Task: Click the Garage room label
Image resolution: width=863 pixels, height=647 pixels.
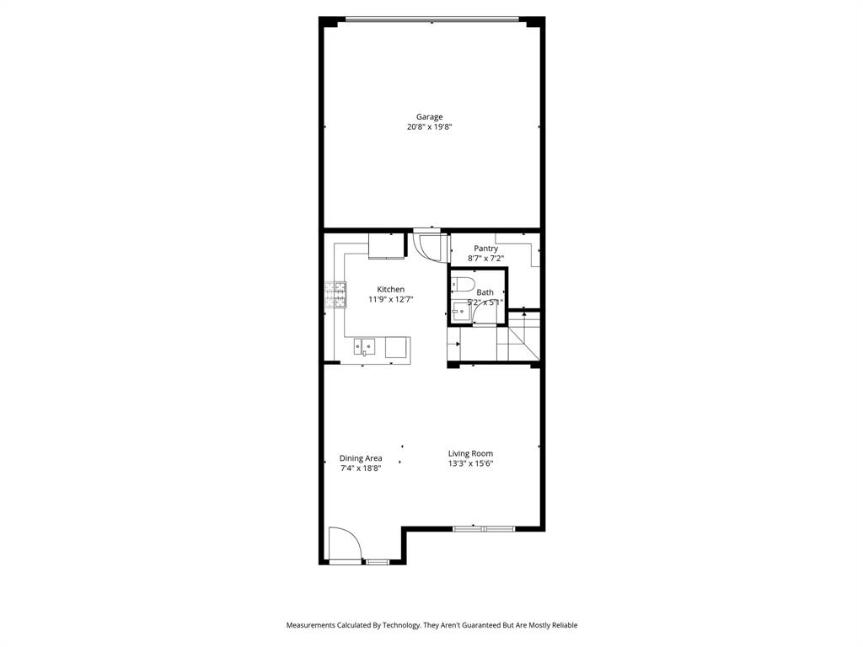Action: (429, 117)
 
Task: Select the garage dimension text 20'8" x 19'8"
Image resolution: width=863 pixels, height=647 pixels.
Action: (429, 127)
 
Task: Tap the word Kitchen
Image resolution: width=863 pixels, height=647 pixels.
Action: (390, 290)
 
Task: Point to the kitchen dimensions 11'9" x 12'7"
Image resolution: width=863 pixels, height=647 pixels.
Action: (390, 300)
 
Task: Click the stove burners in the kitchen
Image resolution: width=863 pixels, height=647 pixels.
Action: (335, 294)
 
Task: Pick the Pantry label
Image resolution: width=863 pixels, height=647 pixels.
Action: (485, 249)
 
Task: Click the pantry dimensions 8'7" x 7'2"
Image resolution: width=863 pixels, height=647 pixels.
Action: (485, 259)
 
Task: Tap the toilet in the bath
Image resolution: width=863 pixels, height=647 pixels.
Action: (464, 283)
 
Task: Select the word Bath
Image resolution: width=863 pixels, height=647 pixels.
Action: (485, 292)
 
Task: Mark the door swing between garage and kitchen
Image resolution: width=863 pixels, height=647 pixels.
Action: (429, 247)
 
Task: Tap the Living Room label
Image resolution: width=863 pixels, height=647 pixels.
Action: (470, 453)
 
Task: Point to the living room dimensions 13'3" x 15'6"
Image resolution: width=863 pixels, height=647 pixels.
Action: (470, 463)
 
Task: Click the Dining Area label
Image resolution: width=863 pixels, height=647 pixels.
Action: (361, 458)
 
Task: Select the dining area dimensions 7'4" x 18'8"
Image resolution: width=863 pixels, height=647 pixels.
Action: (361, 468)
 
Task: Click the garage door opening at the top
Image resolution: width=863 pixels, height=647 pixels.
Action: (431, 18)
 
